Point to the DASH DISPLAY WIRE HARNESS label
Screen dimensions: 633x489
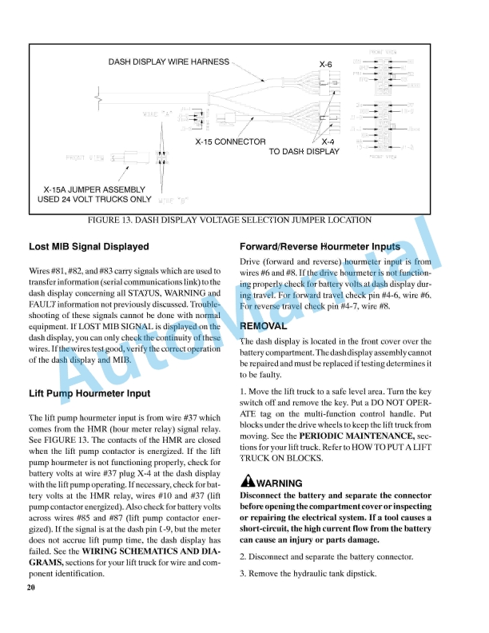point(169,62)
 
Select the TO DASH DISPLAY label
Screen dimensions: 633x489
point(304,151)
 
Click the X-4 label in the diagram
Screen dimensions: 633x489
point(328,141)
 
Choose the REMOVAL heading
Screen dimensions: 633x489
point(263,326)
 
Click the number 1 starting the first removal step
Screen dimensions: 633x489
point(242,392)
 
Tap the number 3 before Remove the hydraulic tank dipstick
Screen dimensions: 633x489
point(242,574)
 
